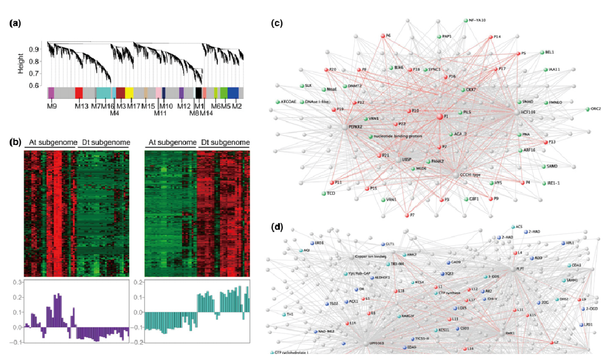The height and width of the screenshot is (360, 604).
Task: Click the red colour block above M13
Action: (79, 92)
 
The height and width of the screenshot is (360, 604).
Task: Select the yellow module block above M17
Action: (129, 92)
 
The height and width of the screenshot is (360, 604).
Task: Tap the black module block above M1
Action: (199, 92)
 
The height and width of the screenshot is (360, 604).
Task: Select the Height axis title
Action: (21, 63)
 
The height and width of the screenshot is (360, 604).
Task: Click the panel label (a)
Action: (15, 23)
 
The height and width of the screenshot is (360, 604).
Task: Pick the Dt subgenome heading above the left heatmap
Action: (103, 143)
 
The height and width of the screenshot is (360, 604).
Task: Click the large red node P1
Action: (439, 117)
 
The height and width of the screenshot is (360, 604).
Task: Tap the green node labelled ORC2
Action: (587, 109)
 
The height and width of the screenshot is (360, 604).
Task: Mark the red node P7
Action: (407, 216)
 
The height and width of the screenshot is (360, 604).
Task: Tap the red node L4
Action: (514, 253)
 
